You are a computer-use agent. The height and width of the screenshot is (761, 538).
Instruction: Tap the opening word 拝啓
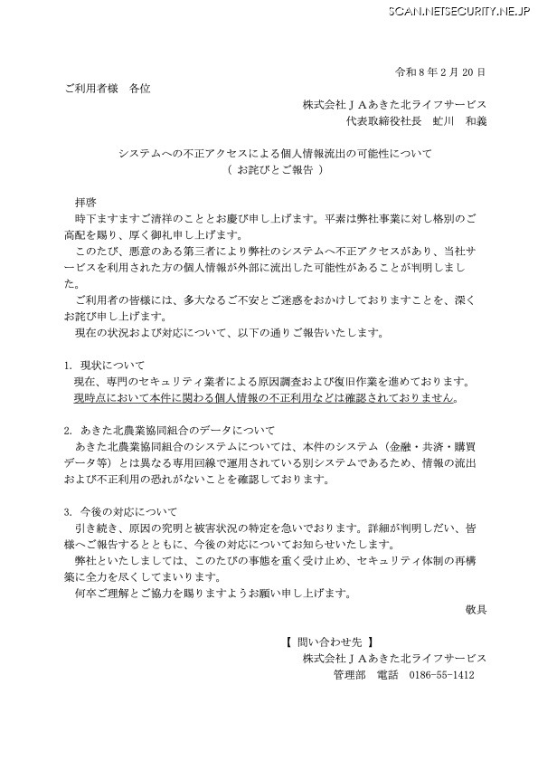point(85,201)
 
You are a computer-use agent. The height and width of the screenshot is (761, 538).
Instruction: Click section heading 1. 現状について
point(101,364)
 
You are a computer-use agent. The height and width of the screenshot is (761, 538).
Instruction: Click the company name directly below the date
point(394,104)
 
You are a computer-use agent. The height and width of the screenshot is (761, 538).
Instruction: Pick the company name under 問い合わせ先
point(394,658)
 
